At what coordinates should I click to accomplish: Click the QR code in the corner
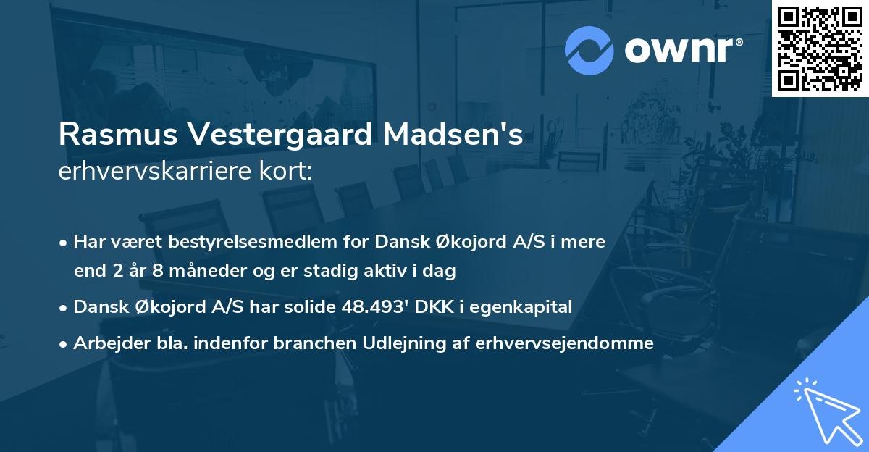[820, 49]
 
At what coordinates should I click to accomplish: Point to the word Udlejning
[412, 343]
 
